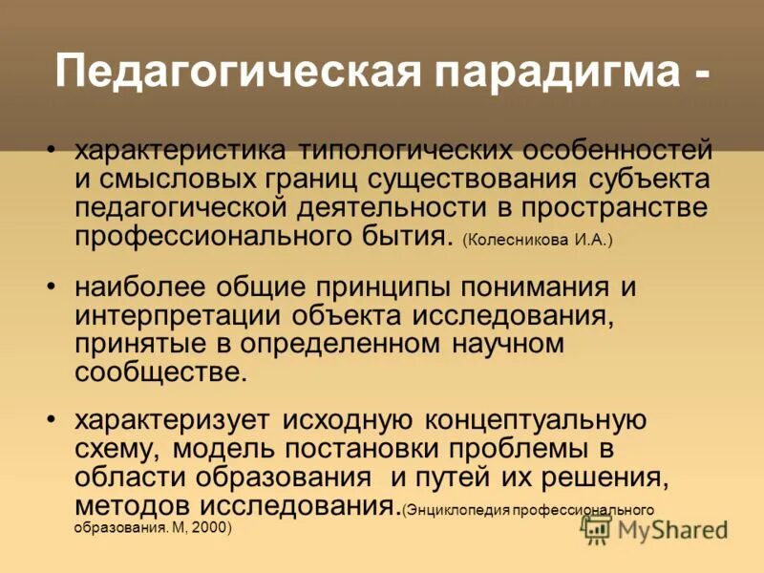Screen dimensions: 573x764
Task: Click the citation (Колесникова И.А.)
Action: coord(537,240)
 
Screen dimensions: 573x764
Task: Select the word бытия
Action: coord(408,236)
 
